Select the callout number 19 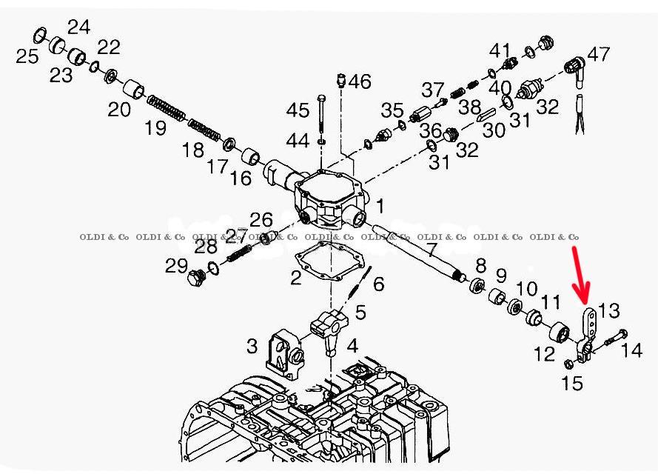point(155,128)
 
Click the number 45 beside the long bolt point(298,111)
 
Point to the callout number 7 point(431,250)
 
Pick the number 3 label point(252,345)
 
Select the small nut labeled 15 point(568,364)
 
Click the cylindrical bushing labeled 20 point(135,91)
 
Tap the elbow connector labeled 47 point(573,68)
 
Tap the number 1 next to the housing point(380,205)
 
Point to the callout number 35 point(392,111)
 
